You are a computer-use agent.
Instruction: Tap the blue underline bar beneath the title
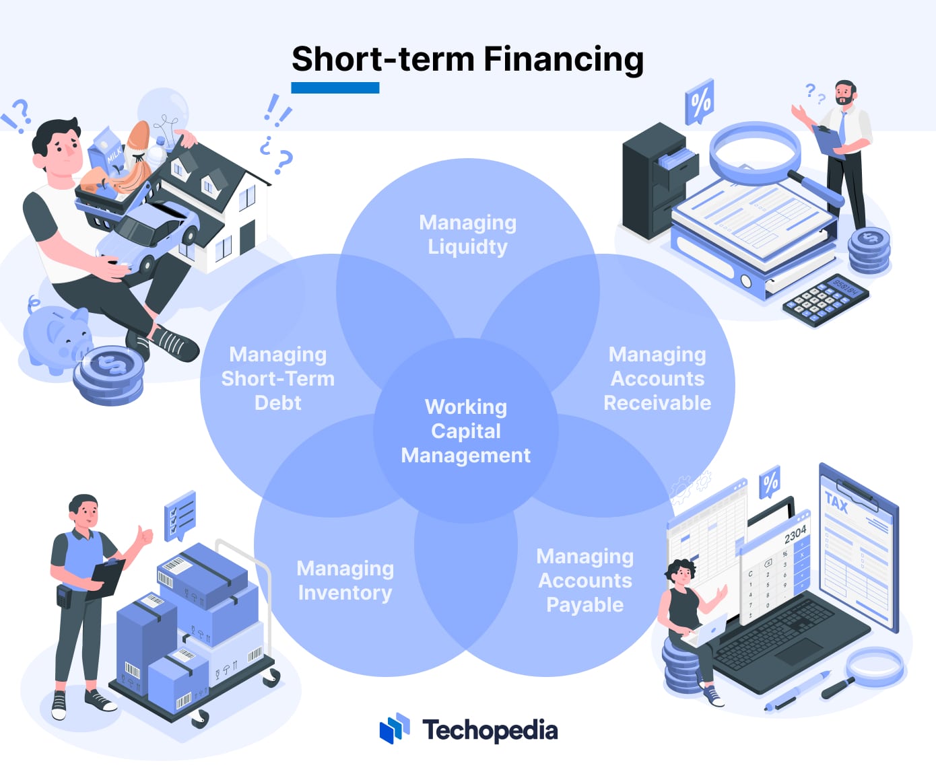pos(335,88)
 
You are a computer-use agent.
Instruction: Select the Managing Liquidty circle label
pos(467,234)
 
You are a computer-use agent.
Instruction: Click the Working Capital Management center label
pos(466,431)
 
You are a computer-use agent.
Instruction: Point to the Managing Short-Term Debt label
pos(278,378)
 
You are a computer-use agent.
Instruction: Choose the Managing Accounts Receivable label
pos(657,378)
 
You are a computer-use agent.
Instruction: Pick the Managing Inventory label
pos(345,580)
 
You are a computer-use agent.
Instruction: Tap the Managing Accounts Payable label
pos(584,580)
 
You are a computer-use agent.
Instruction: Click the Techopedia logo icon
pos(395,729)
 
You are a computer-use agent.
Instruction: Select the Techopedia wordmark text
pos(490,730)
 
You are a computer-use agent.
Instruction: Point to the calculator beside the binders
pos(826,300)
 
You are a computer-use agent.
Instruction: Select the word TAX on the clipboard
pos(836,502)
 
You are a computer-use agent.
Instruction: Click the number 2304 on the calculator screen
pos(795,534)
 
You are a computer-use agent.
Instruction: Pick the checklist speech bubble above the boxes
pos(180,515)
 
